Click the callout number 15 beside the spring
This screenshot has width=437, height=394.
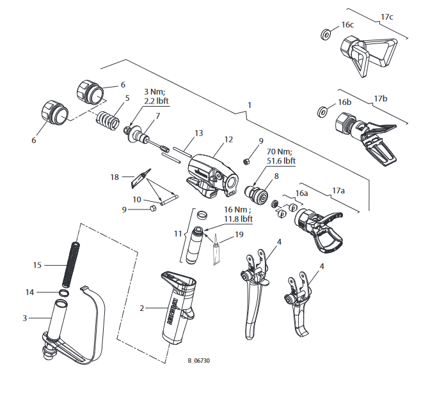pos(38,264)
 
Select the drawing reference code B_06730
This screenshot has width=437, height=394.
pos(198,361)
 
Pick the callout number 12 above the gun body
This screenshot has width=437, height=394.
pos(228,139)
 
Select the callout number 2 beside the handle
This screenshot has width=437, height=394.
pos(143,308)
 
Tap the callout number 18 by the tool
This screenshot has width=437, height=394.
pos(115,177)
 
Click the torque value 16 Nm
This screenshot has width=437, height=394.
pos(237,209)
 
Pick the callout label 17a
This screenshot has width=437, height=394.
pos(338,190)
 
